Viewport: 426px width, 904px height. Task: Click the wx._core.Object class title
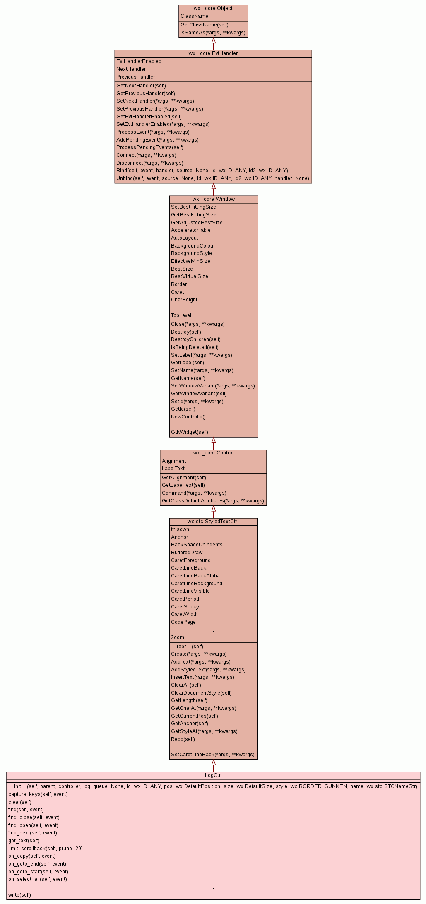(213, 8)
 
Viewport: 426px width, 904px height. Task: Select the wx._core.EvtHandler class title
(213, 53)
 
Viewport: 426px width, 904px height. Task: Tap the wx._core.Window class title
(213, 199)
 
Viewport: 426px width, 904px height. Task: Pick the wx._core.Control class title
(213, 453)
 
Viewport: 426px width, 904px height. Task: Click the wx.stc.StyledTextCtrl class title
(213, 522)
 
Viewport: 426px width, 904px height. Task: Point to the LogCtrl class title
(213, 775)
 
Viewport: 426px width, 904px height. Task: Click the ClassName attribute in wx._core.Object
(194, 16)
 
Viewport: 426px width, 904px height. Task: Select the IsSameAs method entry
(213, 33)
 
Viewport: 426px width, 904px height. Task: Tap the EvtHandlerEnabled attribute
(139, 61)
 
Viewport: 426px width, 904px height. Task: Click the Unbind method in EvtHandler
(212, 178)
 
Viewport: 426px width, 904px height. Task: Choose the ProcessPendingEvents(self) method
(149, 147)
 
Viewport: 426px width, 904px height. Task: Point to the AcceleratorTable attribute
(190, 230)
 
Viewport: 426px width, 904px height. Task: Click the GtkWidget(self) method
(189, 432)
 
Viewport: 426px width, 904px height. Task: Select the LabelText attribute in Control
(173, 469)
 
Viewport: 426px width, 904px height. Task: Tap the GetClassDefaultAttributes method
(212, 501)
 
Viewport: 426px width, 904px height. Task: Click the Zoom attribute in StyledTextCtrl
(177, 637)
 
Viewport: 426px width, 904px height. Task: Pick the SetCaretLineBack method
(212, 755)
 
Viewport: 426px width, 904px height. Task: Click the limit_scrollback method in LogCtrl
(45, 849)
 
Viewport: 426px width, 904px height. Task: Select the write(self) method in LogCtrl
(19, 895)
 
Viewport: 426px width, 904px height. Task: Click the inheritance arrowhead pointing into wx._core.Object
(214, 41)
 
